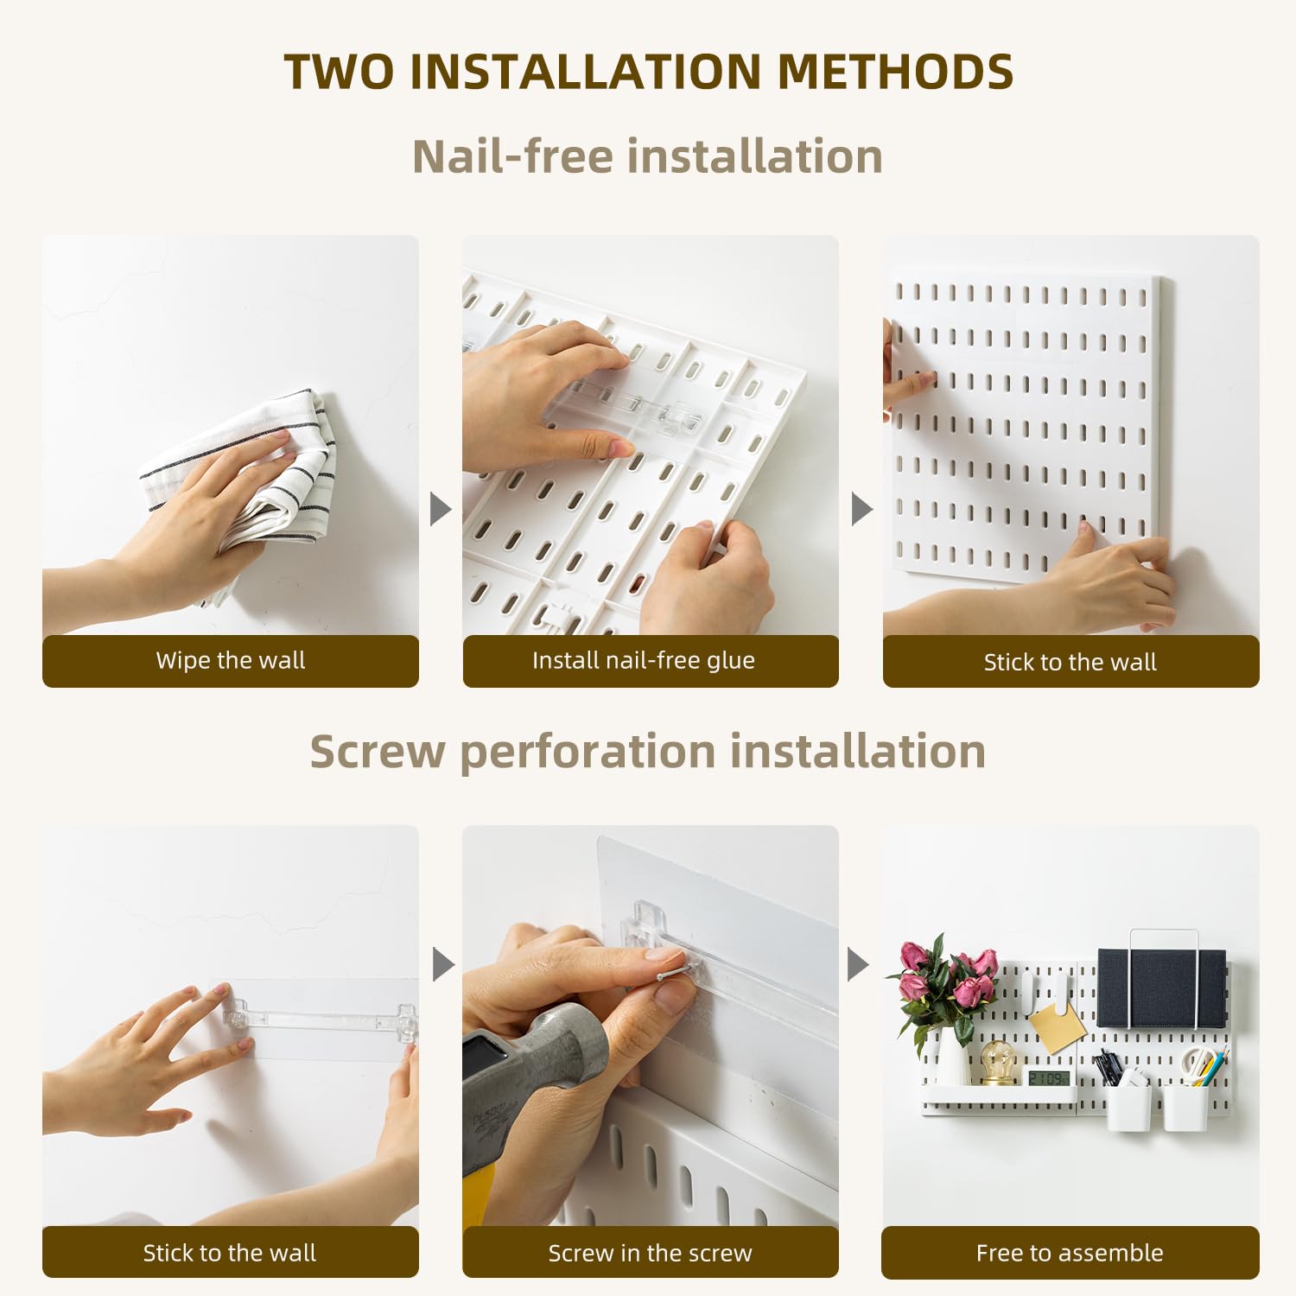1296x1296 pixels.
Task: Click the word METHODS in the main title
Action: (895, 72)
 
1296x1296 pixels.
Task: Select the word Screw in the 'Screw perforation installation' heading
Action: (378, 751)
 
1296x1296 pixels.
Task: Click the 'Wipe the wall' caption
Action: (231, 661)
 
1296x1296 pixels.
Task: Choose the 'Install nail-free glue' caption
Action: (644, 661)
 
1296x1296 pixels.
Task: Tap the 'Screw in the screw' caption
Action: (650, 1253)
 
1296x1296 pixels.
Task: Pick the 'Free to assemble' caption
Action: (1070, 1253)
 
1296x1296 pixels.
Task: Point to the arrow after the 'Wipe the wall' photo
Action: (441, 509)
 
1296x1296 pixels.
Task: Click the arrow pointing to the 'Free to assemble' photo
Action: (857, 964)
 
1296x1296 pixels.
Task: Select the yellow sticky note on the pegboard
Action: (1057, 1026)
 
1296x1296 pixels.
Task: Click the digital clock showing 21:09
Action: (1048, 1078)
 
